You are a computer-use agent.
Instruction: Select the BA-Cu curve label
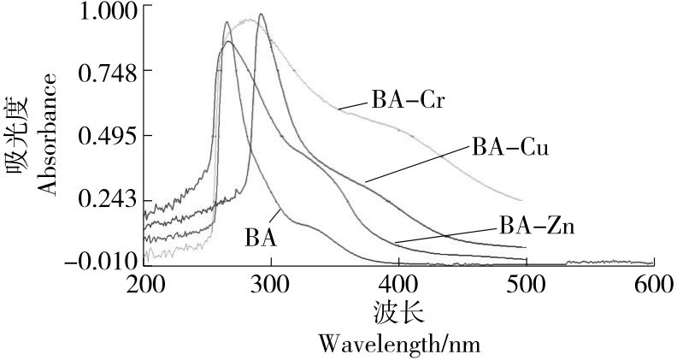click(x=509, y=147)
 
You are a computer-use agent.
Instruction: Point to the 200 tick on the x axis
click(x=144, y=283)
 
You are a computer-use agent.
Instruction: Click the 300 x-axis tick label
click(x=271, y=283)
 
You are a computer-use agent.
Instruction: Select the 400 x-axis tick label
click(x=398, y=283)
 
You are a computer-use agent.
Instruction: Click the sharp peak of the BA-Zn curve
click(x=261, y=15)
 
